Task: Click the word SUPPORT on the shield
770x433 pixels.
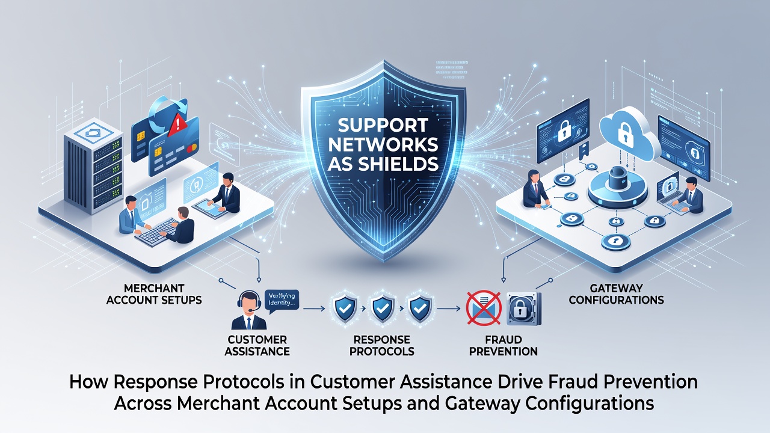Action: click(x=383, y=125)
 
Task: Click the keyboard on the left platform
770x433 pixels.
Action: click(x=157, y=232)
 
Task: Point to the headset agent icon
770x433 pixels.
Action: click(x=249, y=310)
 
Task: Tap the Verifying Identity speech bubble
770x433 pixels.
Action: click(x=282, y=301)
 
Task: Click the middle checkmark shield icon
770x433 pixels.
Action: click(x=381, y=309)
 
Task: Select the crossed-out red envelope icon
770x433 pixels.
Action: click(x=484, y=307)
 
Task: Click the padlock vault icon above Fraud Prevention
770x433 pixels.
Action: click(x=524, y=309)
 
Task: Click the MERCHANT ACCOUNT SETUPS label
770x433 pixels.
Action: click(x=154, y=294)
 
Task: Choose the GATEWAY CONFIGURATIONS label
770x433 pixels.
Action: click(x=616, y=294)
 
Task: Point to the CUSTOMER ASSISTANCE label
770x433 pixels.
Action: click(x=257, y=345)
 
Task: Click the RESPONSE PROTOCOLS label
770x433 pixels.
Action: click(x=381, y=345)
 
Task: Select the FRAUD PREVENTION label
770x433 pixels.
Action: click(x=504, y=345)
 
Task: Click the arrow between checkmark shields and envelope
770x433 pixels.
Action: click(x=449, y=309)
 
